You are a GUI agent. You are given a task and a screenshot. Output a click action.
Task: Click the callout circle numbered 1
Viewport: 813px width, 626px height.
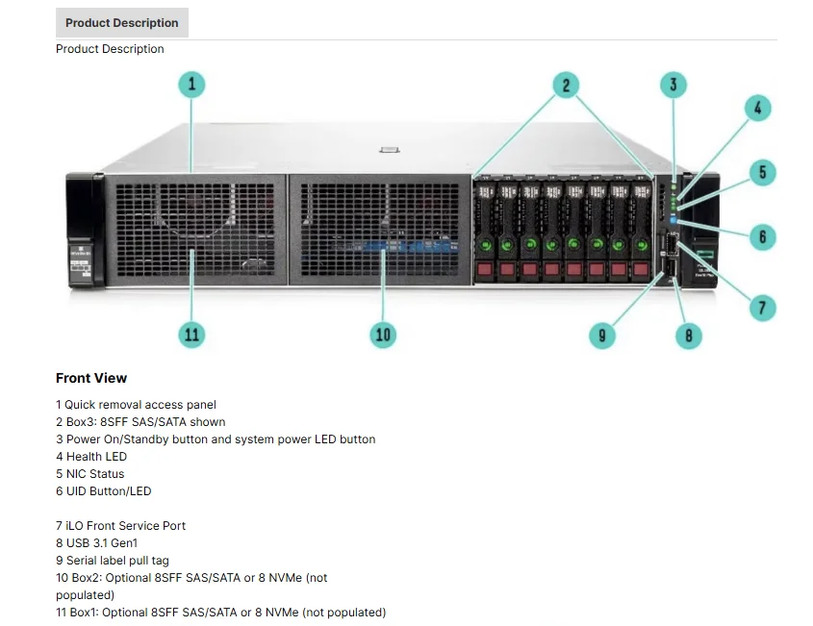pyautogui.click(x=191, y=85)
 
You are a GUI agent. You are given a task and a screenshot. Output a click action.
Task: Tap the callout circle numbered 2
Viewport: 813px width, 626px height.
pyautogui.click(x=566, y=85)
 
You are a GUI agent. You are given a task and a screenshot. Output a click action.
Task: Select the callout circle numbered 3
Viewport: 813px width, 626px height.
pyautogui.click(x=673, y=85)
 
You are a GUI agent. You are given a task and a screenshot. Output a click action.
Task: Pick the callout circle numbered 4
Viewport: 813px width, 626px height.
pyautogui.click(x=757, y=109)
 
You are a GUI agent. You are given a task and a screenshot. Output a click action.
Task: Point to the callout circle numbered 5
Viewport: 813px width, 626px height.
pyautogui.click(x=762, y=173)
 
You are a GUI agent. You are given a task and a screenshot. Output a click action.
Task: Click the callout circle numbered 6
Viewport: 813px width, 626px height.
pyautogui.click(x=762, y=237)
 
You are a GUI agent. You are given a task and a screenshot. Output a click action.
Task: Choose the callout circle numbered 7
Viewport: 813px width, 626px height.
pyautogui.click(x=762, y=308)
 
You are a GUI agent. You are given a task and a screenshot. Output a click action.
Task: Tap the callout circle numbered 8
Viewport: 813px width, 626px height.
pyautogui.click(x=688, y=335)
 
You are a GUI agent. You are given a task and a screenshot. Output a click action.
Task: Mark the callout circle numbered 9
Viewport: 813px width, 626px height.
pyautogui.click(x=602, y=335)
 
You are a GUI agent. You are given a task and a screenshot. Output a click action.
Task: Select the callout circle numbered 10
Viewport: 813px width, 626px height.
pyautogui.click(x=384, y=334)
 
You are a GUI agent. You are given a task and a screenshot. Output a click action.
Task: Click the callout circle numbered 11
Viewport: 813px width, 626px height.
pyautogui.click(x=191, y=334)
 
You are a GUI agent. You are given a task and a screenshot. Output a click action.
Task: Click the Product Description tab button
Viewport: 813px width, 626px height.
pyautogui.click(x=122, y=23)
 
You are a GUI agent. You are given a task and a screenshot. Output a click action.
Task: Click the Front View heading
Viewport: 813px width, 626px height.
pyautogui.click(x=91, y=378)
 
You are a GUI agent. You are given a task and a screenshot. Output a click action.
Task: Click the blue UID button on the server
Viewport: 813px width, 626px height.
pyautogui.click(x=673, y=220)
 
